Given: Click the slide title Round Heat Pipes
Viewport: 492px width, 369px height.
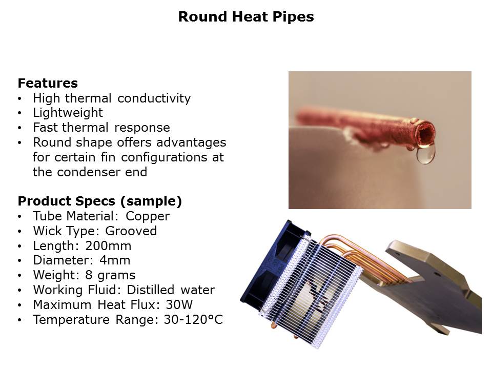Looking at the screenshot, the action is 246,16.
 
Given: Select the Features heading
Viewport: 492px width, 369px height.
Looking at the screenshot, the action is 48,83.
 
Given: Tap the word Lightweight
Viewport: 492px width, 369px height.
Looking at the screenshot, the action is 68,113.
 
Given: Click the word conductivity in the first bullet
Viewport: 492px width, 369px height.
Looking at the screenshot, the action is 154,98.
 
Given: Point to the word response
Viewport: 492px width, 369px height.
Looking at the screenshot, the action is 142,128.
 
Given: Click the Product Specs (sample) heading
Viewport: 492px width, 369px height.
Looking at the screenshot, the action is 100,201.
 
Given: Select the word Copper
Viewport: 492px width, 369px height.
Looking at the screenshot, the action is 148,217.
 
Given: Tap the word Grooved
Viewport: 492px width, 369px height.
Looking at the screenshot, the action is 131,231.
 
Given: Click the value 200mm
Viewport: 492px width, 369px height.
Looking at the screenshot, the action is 108,246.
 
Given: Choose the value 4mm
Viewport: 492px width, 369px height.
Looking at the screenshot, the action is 115,260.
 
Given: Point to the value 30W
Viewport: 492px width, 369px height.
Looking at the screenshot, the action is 179,305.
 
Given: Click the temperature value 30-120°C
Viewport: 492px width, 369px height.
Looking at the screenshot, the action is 193,320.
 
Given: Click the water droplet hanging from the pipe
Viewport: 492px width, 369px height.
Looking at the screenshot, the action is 425,155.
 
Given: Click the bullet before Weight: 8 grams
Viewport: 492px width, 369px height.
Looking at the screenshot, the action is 20,276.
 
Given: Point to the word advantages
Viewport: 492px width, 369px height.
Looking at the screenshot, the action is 191,143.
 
